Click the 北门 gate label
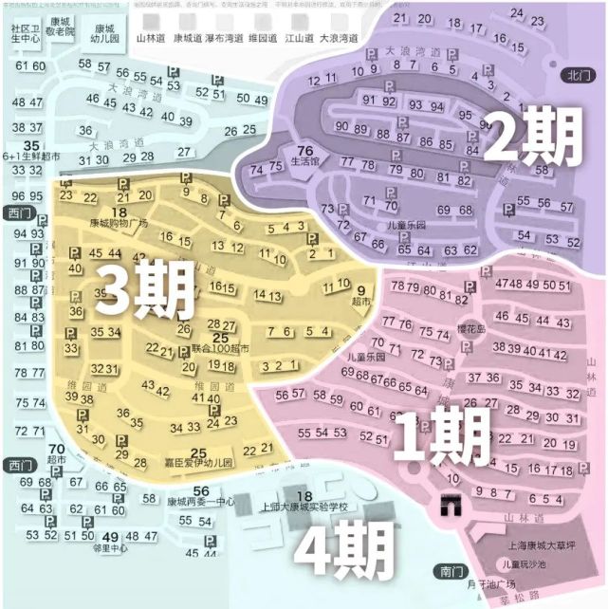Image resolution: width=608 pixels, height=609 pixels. pyautogui.click(x=575, y=74)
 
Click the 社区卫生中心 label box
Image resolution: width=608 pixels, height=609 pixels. pyautogui.click(x=26, y=36)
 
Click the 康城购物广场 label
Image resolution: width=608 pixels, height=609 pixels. pyautogui.click(x=120, y=224)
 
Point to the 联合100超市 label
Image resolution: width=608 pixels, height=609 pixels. pyautogui.click(x=220, y=349)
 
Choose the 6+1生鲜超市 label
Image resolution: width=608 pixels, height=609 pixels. pyautogui.click(x=30, y=155)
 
